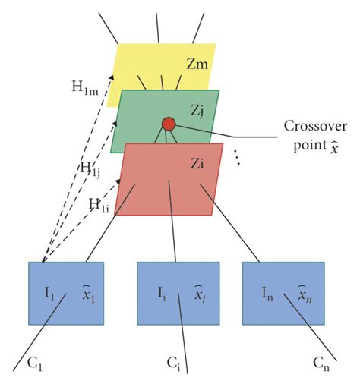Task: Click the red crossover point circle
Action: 169,124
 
